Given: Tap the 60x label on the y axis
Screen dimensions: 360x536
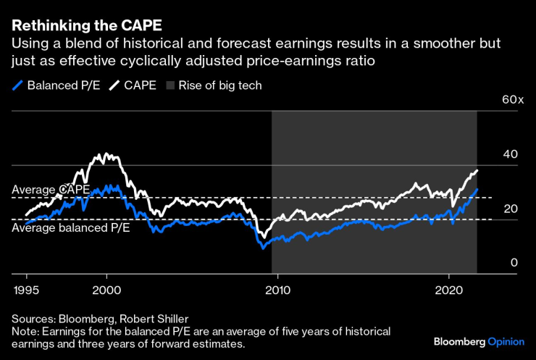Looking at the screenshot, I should (x=512, y=99).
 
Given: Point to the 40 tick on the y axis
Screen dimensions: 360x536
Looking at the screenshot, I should (x=511, y=154).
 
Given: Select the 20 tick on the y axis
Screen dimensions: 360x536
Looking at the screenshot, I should (x=511, y=209).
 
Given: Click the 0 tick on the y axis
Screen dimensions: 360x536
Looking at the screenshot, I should (x=514, y=263).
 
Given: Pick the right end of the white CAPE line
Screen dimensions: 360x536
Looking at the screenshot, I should (x=477, y=170).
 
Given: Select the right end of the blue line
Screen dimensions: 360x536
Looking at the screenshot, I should (x=477, y=189).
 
